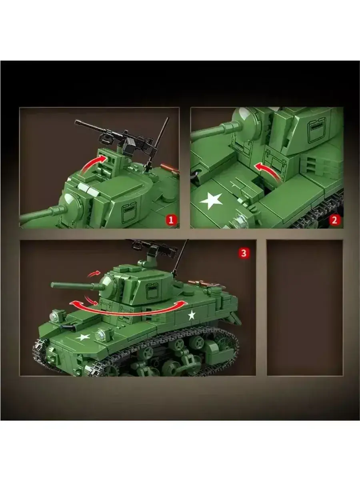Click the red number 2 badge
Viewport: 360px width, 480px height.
(x=334, y=220)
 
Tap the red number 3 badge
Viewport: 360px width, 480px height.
(x=244, y=253)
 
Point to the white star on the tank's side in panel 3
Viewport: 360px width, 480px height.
(x=192, y=315)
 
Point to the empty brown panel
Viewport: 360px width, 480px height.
(x=305, y=308)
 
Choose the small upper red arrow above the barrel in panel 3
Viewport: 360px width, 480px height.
(x=94, y=274)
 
